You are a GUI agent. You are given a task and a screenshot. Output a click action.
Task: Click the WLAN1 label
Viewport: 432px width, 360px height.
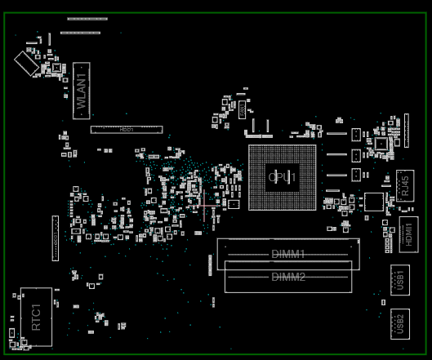(82, 91)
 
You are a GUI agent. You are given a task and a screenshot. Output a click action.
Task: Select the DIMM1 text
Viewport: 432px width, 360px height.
(288, 254)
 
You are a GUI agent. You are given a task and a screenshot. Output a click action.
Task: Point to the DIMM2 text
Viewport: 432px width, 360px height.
(288, 277)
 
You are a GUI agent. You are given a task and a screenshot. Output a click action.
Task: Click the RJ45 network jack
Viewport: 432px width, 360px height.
(404, 185)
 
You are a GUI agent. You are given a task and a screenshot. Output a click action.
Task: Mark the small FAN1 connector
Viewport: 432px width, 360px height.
(242, 109)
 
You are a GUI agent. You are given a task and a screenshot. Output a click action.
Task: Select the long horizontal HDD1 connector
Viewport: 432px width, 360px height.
(126, 129)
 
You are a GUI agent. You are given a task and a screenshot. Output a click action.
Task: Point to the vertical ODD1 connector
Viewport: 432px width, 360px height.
(56, 238)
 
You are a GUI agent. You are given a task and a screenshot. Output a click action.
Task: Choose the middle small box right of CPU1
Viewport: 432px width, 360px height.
(355, 154)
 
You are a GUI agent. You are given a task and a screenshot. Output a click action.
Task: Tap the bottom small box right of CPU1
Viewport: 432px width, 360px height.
(355, 174)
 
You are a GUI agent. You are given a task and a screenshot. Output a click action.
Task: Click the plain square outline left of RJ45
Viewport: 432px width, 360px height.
(374, 201)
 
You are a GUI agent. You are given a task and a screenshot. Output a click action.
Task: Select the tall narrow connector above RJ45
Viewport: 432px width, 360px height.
(406, 131)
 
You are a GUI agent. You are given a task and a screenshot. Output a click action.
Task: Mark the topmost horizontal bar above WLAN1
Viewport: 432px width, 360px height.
(87, 18)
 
